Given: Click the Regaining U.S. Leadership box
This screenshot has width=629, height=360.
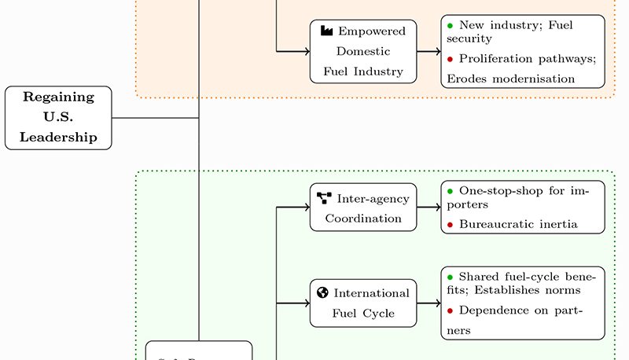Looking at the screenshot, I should click(58, 118).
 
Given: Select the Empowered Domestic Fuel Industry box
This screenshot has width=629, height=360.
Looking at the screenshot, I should click(362, 52).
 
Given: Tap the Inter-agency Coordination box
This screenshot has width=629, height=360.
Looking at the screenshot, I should click(362, 208).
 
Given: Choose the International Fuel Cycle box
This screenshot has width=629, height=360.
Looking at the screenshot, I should click(362, 303).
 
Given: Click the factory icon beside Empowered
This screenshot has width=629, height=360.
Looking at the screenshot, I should click(326, 31).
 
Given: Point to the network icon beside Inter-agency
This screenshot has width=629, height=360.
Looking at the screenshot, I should click(324, 197).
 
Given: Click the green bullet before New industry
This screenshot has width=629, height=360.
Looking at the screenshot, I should click(451, 25).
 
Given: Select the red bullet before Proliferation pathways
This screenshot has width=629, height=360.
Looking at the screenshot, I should click(451, 59).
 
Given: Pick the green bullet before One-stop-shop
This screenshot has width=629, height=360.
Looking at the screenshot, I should click(451, 191).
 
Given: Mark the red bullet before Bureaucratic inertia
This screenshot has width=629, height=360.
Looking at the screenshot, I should click(451, 225).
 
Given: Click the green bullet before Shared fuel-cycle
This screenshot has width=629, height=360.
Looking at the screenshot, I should click(451, 277).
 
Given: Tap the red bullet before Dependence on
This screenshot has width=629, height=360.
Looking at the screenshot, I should click(451, 310).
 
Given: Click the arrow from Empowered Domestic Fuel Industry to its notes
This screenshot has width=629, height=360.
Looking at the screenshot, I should click(429, 52).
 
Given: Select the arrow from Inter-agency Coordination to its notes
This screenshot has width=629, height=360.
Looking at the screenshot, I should click(429, 208).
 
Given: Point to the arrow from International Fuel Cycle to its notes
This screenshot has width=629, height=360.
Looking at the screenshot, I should click(429, 303).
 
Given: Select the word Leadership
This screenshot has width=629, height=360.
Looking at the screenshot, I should click(58, 138).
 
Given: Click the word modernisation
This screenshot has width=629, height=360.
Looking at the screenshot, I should click(537, 79).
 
